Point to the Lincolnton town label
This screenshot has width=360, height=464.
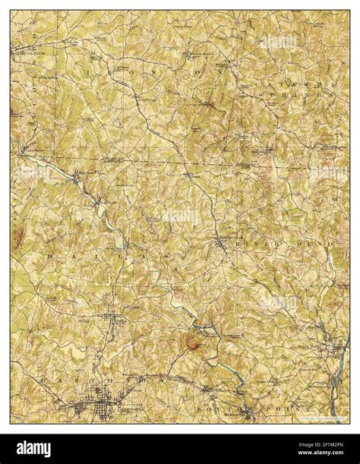coord(27,54)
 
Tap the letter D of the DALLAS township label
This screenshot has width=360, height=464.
coord(47,258)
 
